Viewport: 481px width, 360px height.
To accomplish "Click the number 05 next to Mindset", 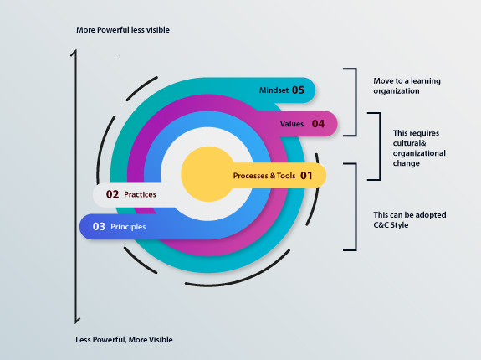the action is (298, 90).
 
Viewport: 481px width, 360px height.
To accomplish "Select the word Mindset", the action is (274, 90).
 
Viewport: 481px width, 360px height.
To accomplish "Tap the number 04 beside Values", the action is (318, 124).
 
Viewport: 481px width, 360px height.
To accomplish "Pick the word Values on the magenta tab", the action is (292, 124).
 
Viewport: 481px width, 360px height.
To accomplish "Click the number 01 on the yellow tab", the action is (306, 176).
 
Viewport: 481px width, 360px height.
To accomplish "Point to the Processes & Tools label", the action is (264, 176).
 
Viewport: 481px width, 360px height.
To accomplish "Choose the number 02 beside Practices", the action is (112, 194).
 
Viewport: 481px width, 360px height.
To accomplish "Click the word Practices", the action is (141, 194).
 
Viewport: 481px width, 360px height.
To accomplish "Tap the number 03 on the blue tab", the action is (99, 227).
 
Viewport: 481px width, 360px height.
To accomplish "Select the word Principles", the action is (128, 227).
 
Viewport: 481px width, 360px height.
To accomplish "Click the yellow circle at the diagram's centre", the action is (208, 174).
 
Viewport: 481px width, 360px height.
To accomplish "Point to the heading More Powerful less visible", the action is (123, 30).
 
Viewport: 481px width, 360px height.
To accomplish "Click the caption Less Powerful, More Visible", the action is (124, 340).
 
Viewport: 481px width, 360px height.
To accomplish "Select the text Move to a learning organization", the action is (407, 86).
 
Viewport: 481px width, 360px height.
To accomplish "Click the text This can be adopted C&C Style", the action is (410, 219).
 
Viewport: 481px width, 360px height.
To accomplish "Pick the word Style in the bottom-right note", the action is (399, 225).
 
